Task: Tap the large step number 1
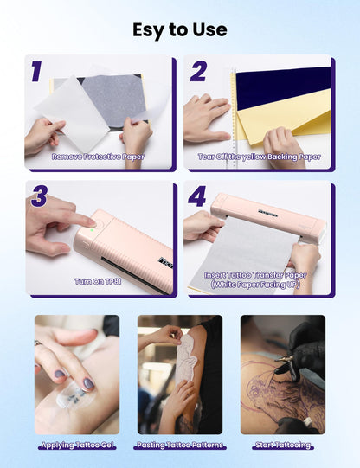pyautogui.click(x=36, y=71)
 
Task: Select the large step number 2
pyautogui.click(x=198, y=71)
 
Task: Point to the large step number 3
pyautogui.click(x=39, y=196)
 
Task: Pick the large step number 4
pyautogui.click(x=197, y=196)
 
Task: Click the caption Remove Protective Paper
pyautogui.click(x=98, y=157)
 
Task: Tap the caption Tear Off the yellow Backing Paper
pyautogui.click(x=259, y=157)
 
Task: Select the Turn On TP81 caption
pyautogui.click(x=98, y=281)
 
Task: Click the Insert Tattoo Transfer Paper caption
pyautogui.click(x=255, y=275)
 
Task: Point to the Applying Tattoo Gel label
pyautogui.click(x=77, y=445)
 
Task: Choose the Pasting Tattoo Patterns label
pyautogui.click(x=180, y=445)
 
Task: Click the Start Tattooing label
pyautogui.click(x=283, y=445)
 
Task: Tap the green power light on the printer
pyautogui.click(x=93, y=229)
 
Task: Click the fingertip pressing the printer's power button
pyautogui.click(x=91, y=222)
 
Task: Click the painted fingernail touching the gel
pyautogui.click(x=88, y=383)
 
